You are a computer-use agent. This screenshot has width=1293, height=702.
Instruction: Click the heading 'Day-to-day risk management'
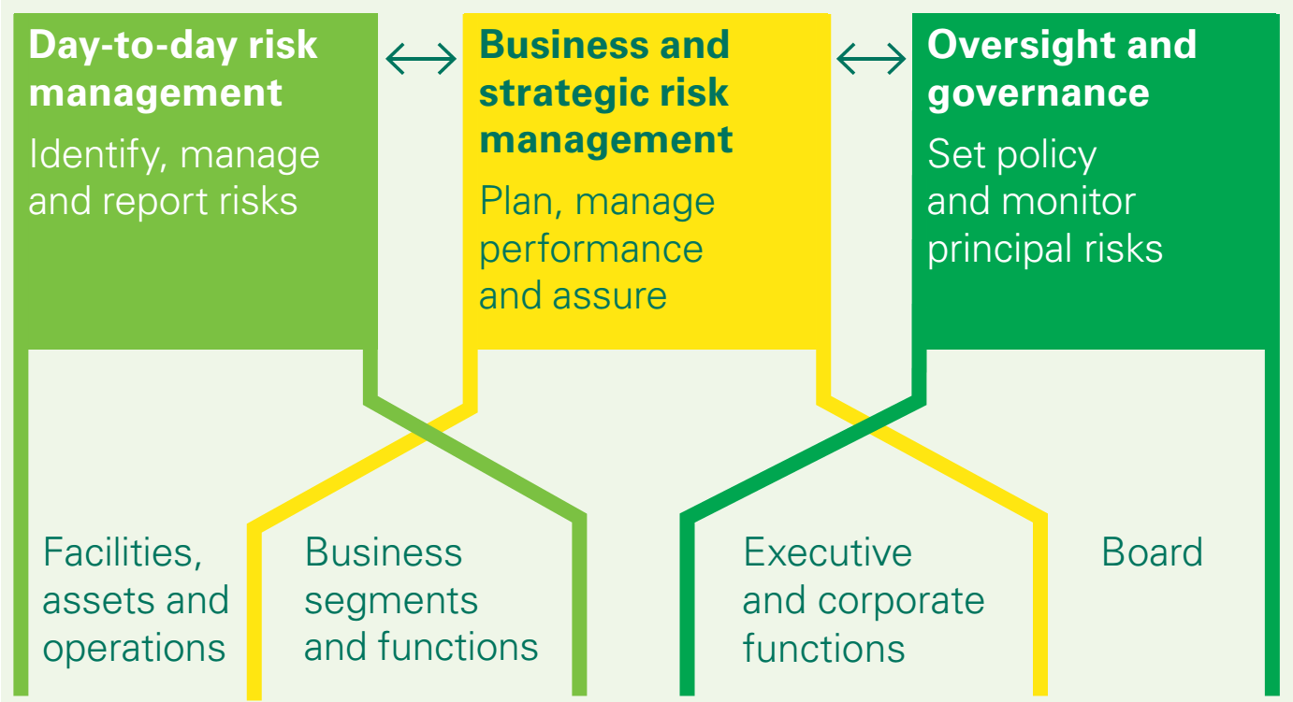(x=173, y=69)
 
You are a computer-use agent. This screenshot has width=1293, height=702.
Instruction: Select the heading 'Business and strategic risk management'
(x=605, y=93)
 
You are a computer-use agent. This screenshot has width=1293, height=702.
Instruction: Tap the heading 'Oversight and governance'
(x=1061, y=69)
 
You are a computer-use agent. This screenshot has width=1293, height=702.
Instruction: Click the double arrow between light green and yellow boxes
(x=420, y=61)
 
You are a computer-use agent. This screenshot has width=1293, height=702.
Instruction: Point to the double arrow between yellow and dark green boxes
(x=871, y=61)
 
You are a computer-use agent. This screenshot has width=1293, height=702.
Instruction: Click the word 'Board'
(x=1152, y=552)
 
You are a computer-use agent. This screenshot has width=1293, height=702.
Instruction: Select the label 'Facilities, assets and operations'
(x=136, y=600)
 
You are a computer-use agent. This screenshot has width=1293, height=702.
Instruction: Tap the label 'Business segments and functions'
(x=420, y=600)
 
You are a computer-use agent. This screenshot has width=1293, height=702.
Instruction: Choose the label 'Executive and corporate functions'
(x=863, y=600)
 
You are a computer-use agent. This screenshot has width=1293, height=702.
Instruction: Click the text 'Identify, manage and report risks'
(x=173, y=178)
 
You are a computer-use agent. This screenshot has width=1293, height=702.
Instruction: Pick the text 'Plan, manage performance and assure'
(x=596, y=248)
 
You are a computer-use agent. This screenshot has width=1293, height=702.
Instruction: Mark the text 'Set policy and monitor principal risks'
(x=1044, y=201)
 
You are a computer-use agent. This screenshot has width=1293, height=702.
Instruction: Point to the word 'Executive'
(x=827, y=552)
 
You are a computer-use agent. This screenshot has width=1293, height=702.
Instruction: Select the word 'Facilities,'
(x=123, y=552)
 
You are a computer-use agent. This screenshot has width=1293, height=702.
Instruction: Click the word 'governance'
(x=1038, y=93)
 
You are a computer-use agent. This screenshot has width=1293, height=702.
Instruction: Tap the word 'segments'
(x=391, y=601)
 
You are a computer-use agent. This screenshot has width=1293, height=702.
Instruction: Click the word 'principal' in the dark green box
(x=996, y=249)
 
